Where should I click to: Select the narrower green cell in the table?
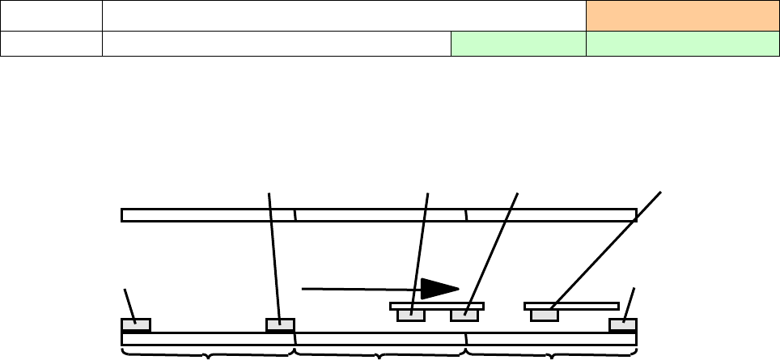(x=517, y=44)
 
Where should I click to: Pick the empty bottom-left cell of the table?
(x=51, y=44)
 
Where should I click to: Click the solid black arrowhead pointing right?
(x=439, y=289)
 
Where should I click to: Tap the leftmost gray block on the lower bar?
(x=136, y=325)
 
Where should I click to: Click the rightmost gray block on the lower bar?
(x=623, y=325)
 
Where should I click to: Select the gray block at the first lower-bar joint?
(x=280, y=325)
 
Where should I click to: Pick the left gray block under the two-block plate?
(x=411, y=315)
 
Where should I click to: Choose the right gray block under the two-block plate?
(x=464, y=315)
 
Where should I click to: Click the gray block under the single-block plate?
(x=544, y=315)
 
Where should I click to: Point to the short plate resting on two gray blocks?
(x=437, y=306)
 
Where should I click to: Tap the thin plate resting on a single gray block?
(x=572, y=306)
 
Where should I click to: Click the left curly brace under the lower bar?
(x=207, y=352)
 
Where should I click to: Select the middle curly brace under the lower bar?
(x=379, y=352)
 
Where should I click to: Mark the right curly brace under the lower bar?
(x=552, y=352)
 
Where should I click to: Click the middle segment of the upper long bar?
(x=380, y=214)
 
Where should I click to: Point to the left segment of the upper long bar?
(x=208, y=214)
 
